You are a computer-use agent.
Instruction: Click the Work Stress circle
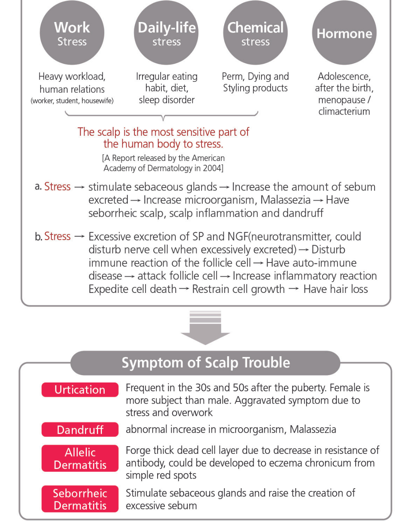click(x=72, y=33)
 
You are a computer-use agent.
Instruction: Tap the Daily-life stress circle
click(x=166, y=33)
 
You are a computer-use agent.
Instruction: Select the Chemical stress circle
click(x=255, y=33)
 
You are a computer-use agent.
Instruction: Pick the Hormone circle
click(x=344, y=33)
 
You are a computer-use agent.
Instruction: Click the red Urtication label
click(x=80, y=390)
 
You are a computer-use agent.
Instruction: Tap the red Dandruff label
click(x=80, y=430)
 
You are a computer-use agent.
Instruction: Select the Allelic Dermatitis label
click(x=80, y=458)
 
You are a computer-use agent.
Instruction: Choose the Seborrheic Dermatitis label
click(x=80, y=499)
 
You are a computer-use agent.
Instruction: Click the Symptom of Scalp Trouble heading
click(x=205, y=363)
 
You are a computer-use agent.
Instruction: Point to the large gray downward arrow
click(x=205, y=328)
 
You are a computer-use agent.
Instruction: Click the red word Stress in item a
click(x=58, y=187)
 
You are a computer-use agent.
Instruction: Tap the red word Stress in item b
click(x=58, y=236)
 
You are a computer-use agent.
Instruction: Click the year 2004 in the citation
click(x=213, y=168)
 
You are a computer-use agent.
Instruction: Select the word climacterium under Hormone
click(x=344, y=112)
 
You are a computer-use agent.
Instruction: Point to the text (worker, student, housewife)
click(x=72, y=101)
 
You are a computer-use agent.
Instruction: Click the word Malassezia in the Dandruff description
click(x=313, y=430)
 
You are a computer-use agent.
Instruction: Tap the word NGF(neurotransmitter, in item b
click(x=280, y=237)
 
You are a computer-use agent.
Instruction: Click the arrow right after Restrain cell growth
click(x=294, y=289)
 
